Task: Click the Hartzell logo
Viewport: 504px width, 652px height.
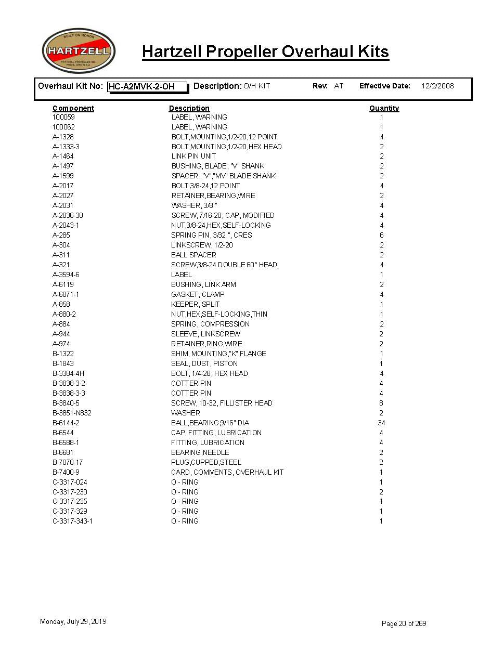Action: coord(78,50)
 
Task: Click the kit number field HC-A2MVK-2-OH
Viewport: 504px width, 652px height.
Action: coord(147,87)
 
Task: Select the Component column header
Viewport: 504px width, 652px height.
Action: coord(73,108)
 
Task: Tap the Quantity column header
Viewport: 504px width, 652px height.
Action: coord(384,108)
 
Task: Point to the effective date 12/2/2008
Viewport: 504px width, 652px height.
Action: coord(437,86)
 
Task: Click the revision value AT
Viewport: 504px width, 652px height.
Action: coord(339,86)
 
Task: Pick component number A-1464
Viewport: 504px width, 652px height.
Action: coord(63,156)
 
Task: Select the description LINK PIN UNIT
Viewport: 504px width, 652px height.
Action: coord(193,156)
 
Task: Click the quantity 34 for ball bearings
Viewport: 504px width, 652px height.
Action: coord(381,423)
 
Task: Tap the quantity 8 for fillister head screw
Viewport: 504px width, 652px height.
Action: coord(381,403)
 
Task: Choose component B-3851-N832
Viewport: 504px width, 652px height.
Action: coord(72,413)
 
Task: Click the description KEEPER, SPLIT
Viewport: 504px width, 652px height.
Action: coord(195,304)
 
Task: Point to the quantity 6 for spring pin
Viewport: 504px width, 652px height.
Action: coord(381,235)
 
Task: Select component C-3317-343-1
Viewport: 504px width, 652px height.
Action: coord(72,521)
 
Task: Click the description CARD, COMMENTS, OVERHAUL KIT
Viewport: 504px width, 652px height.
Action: coord(227,472)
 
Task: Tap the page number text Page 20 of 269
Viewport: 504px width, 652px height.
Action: coord(404,623)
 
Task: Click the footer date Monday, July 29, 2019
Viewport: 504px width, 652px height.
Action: coord(73,621)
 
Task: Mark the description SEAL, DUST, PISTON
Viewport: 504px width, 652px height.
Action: coord(204,363)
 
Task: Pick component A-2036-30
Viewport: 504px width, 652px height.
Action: coord(68,215)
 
